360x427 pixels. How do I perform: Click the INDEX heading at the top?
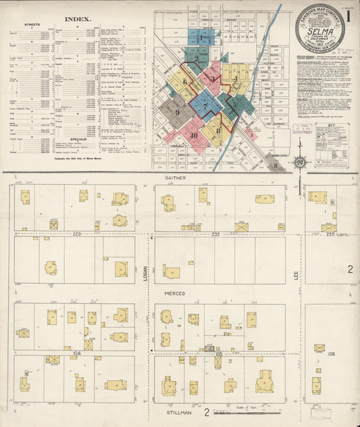click(x=80, y=20)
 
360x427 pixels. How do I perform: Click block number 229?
click(x=77, y=234)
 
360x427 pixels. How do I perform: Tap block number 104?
click(x=76, y=353)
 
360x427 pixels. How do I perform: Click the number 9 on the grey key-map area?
click(x=177, y=112)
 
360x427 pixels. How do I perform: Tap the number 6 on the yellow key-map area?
click(x=184, y=82)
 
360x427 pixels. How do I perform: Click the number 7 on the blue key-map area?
click(x=205, y=105)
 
